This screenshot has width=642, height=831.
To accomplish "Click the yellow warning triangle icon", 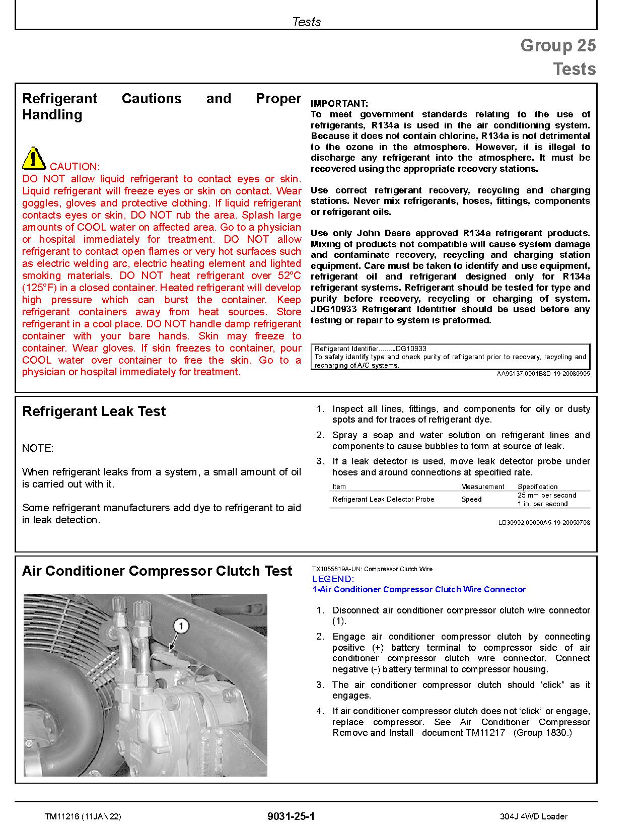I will pyautogui.click(x=34, y=159).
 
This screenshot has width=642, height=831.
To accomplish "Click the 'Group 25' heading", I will pyautogui.click(x=558, y=46).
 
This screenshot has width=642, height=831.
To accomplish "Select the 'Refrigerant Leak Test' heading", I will pyautogui.click(x=94, y=411).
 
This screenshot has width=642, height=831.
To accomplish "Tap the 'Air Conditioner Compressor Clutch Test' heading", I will pyautogui.click(x=157, y=571).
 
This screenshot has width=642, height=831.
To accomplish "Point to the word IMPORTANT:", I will pyautogui.click(x=339, y=104).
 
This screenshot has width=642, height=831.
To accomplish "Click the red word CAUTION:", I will pyautogui.click(x=75, y=167).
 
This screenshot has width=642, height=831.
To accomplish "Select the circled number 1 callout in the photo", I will pyautogui.click(x=181, y=627).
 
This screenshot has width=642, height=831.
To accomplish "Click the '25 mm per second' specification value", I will pyautogui.click(x=547, y=496).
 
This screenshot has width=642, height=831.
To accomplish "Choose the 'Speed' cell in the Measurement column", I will pyautogui.click(x=471, y=500).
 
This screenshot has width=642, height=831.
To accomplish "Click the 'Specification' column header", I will pyautogui.click(x=537, y=487).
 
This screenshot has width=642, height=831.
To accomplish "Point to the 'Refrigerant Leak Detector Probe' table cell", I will pyautogui.click(x=383, y=500).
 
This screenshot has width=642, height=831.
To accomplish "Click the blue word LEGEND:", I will pyautogui.click(x=333, y=579).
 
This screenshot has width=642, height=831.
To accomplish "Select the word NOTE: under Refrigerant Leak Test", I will pyautogui.click(x=38, y=448).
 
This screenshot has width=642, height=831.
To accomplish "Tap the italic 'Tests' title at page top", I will pyautogui.click(x=306, y=22).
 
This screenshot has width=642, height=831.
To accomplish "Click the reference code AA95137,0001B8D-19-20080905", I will pyautogui.click(x=543, y=374).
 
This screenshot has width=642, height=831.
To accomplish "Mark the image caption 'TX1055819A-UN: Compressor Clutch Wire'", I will pyautogui.click(x=372, y=569).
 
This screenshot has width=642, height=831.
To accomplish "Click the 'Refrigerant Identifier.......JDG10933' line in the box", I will pyautogui.click(x=371, y=349).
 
